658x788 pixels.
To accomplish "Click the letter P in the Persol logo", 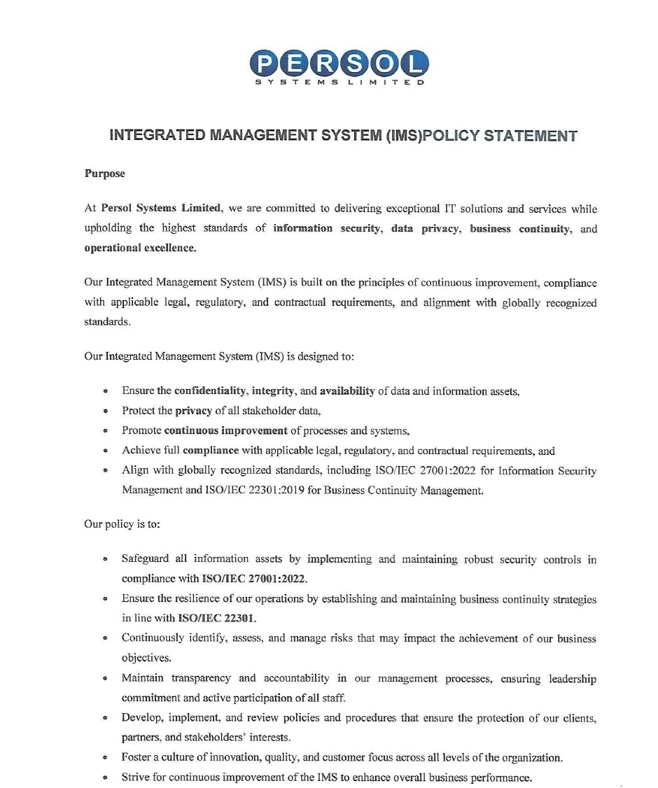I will click(x=265, y=65).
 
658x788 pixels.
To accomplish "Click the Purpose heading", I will click(x=105, y=174).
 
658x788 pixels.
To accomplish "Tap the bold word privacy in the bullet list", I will click(x=193, y=410).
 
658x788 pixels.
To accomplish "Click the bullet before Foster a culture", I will click(x=105, y=758).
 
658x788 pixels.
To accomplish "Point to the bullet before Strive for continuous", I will click(x=105, y=778).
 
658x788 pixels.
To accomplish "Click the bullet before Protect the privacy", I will click(x=105, y=411).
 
